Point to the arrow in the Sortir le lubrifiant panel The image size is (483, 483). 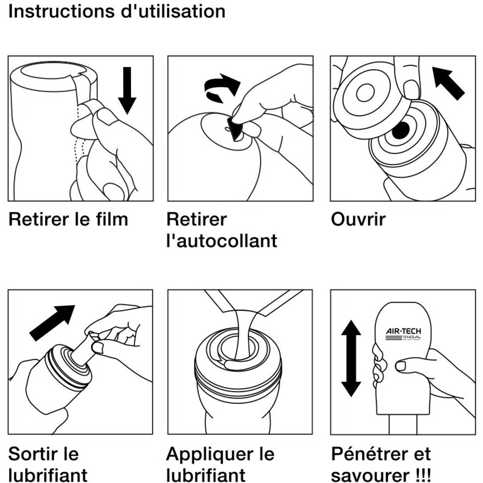tap(52, 322)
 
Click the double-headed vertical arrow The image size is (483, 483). tap(351, 358)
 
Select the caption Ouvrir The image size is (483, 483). tap(358, 220)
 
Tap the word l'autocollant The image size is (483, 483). tap(222, 241)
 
